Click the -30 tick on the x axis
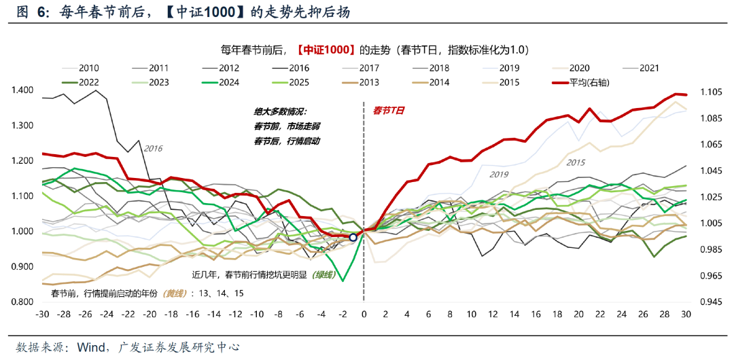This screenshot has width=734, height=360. [42, 315]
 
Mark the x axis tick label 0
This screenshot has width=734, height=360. [364, 315]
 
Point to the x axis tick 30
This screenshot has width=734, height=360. [686, 315]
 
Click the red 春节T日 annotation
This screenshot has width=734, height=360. [389, 111]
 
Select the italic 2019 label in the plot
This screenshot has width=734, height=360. [500, 175]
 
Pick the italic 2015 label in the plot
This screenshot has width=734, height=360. [575, 162]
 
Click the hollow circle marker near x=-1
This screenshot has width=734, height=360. [353, 237]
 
